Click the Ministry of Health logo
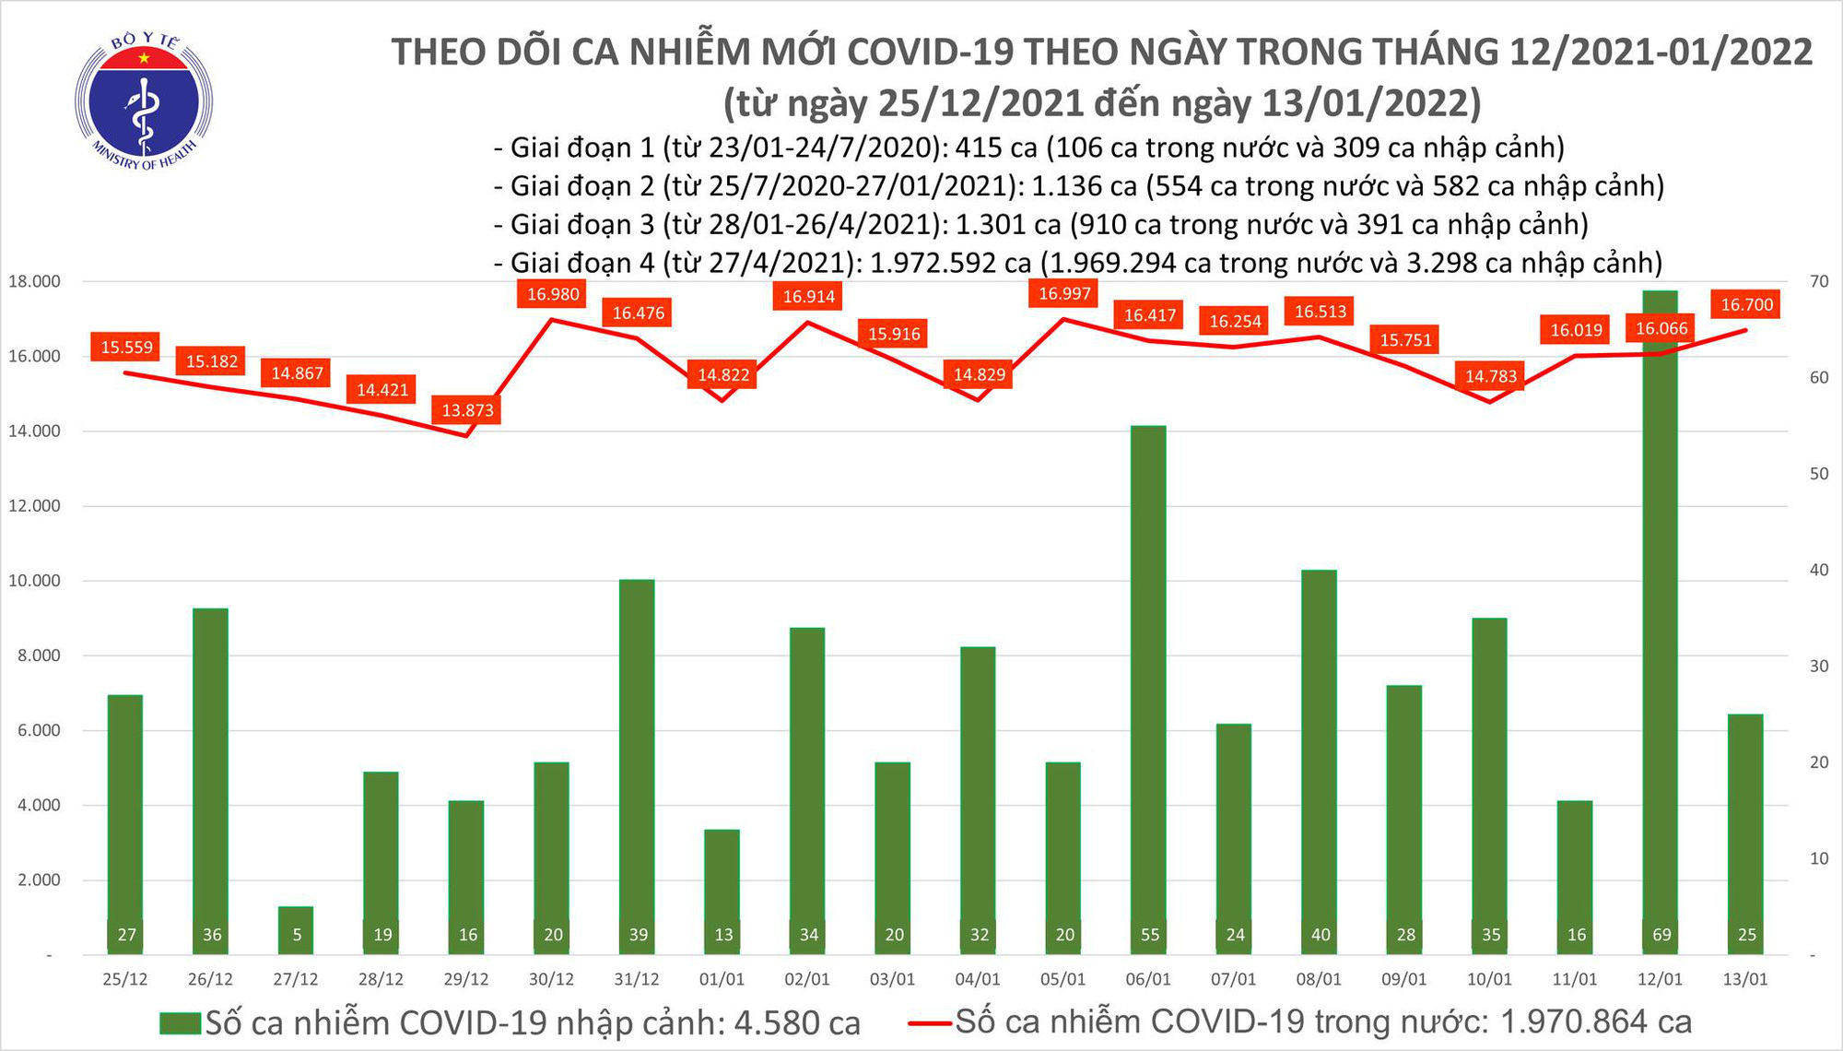click(x=144, y=100)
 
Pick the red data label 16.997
click(x=1064, y=294)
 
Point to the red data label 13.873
click(x=467, y=410)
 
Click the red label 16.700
click(x=1746, y=305)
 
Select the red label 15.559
click(x=126, y=348)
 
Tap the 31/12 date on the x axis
click(x=637, y=979)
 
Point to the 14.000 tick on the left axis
click(x=34, y=431)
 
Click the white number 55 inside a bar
click(x=1149, y=935)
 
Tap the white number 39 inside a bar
click(x=638, y=935)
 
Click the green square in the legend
click(x=180, y=1023)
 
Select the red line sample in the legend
click(x=929, y=1022)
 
